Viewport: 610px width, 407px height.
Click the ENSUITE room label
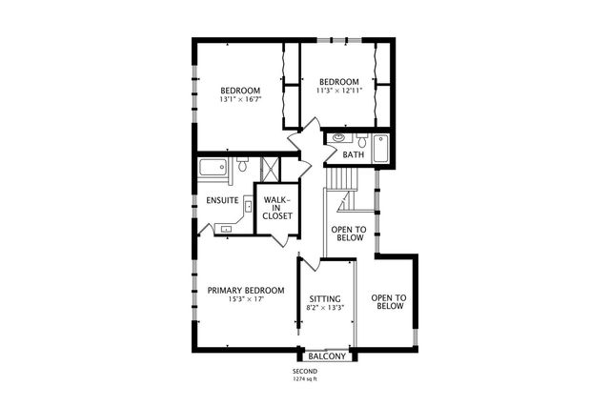(221, 200)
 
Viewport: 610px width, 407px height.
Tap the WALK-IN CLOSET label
(277, 208)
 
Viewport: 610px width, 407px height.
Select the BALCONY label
(326, 356)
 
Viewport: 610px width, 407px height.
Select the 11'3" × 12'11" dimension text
(338, 91)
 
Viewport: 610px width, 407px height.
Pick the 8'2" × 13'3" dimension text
(325, 308)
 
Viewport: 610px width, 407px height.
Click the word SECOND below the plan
(306, 372)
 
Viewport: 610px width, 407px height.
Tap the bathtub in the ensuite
(213, 170)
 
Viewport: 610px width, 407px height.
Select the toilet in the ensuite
(243, 167)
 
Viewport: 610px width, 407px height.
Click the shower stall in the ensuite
(270, 169)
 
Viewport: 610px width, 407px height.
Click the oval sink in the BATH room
(338, 139)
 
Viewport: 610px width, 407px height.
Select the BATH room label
(353, 154)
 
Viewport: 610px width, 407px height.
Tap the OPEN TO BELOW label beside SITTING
(389, 302)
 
